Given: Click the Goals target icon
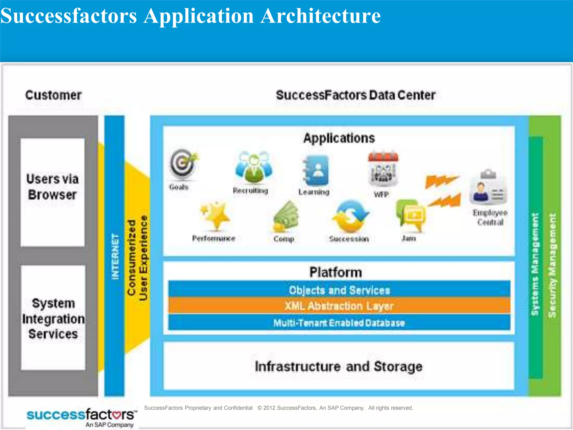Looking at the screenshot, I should point(183,165).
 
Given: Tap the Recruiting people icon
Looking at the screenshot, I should point(254,167).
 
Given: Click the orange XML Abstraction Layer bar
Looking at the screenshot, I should point(339,306).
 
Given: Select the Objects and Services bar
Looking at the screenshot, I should point(339,290).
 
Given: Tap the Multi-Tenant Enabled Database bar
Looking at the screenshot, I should point(339,323).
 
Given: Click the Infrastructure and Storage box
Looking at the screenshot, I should point(339,366).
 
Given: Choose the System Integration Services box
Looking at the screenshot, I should point(53,318).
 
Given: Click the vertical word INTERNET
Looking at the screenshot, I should point(115,256).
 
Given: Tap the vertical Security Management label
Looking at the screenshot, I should point(552,265).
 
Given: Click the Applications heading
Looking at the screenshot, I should point(339,138).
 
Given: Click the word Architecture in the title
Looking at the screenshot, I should point(320,16).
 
